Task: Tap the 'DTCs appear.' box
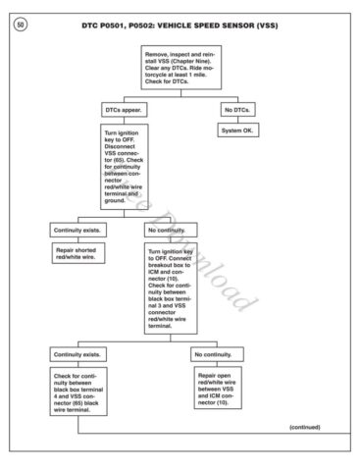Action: (x=126, y=111)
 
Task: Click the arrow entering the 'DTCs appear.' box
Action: (x=126, y=103)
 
